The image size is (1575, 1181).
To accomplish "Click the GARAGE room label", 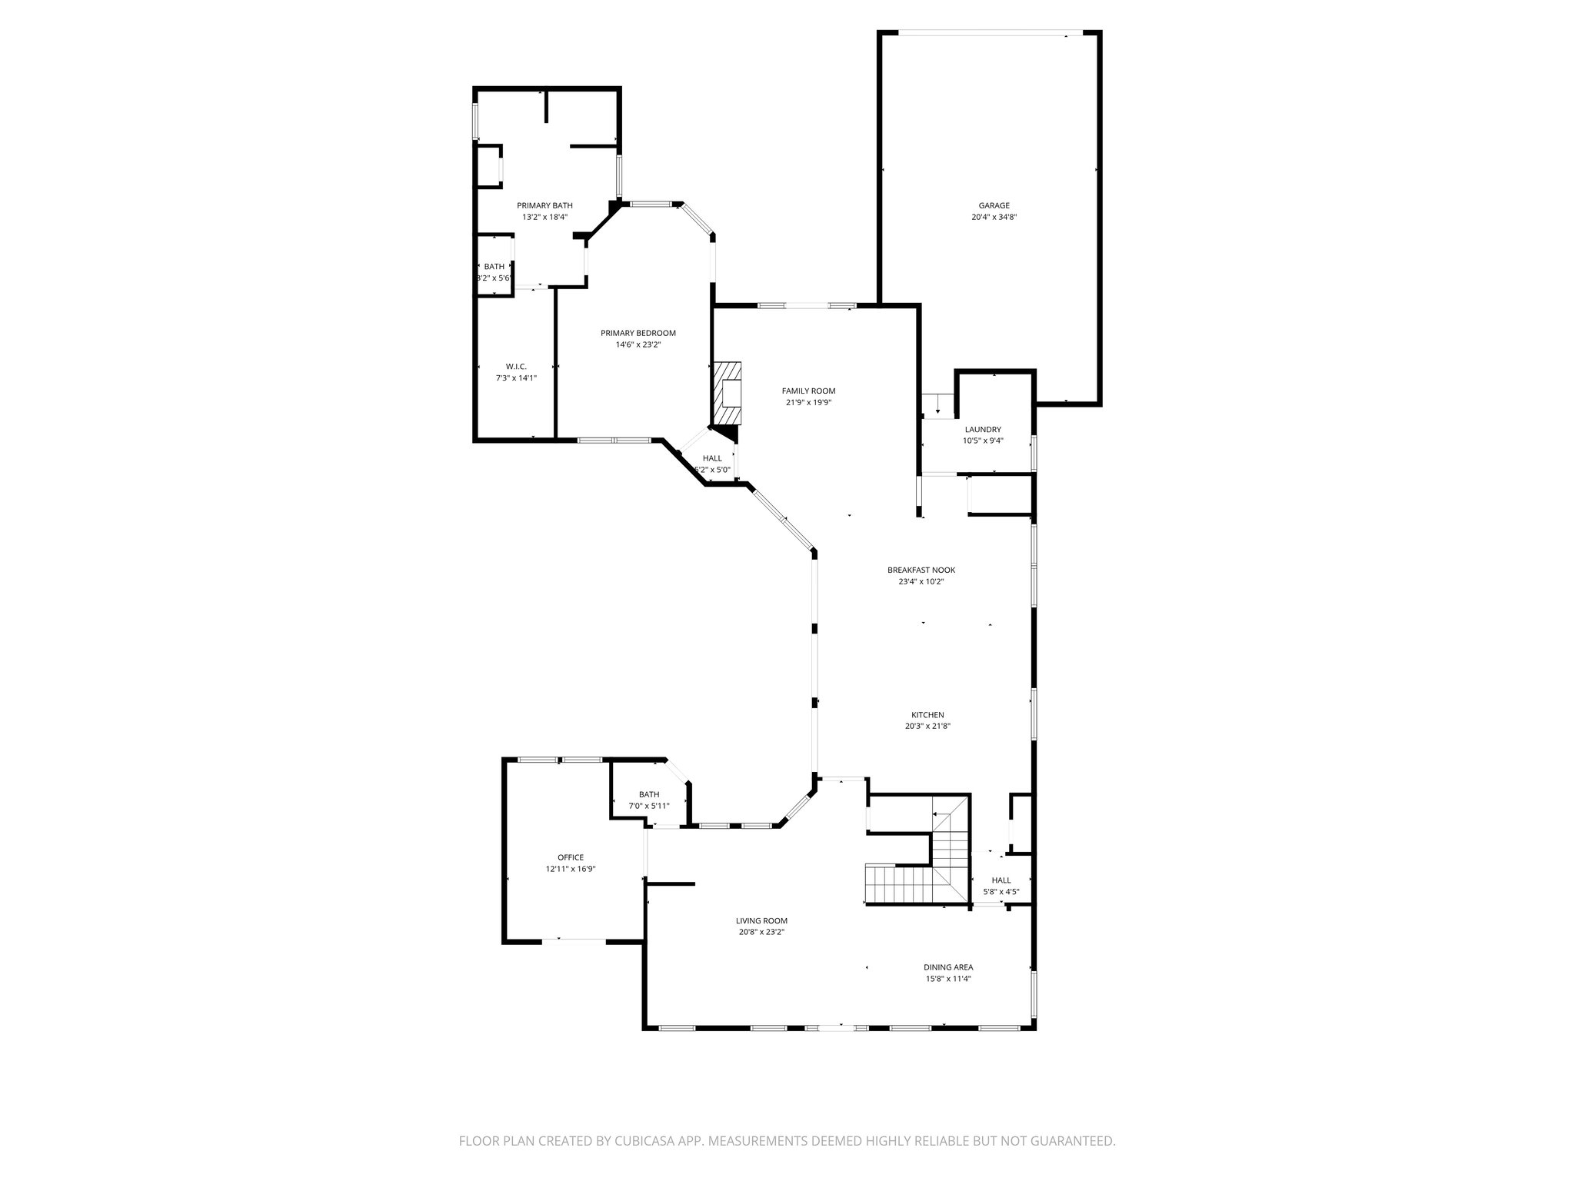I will pos(994,205).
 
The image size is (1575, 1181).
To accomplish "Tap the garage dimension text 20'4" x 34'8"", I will pos(994,218).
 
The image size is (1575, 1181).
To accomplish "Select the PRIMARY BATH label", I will pos(544,205).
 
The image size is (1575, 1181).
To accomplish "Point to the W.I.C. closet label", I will pos(516,366).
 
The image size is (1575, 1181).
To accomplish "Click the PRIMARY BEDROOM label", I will pos(638,333).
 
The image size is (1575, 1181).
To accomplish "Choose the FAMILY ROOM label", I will pos(808,391).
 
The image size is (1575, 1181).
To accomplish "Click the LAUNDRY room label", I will pos(983,429).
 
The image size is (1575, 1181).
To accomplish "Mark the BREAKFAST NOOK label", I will pos(921,570).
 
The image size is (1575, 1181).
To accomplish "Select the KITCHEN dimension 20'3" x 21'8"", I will pos(927,726).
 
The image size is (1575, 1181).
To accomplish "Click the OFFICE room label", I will pos(571,857).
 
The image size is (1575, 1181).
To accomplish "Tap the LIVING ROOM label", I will pos(761,920).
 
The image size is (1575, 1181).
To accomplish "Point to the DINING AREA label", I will pos(948,967).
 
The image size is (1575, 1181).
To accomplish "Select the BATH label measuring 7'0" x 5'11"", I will pos(649,794).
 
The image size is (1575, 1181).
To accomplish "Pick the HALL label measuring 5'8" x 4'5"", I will pos(1001,880).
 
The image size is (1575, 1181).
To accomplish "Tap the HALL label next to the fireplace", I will pos(712,458).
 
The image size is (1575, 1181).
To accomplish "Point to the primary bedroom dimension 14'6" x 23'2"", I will pos(638,345).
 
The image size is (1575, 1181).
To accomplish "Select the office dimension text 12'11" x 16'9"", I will pos(571,869).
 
